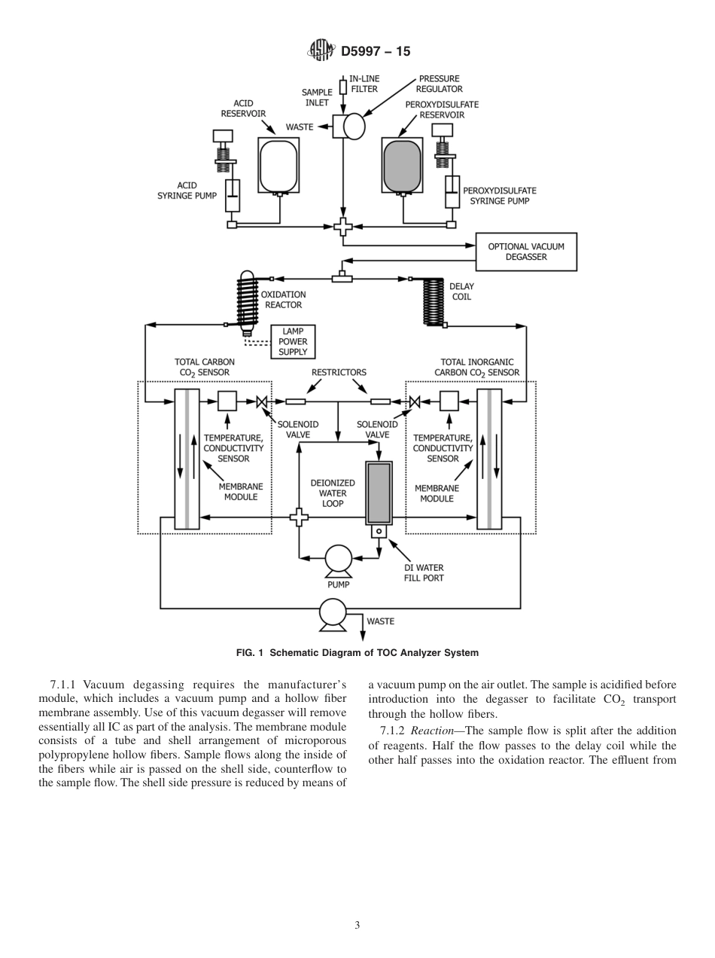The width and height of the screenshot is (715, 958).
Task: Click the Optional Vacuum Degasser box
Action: [x=525, y=252]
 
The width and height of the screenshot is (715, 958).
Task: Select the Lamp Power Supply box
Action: [x=293, y=341]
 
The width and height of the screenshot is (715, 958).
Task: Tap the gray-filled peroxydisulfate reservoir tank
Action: [x=402, y=165]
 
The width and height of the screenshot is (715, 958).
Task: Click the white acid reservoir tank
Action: [x=278, y=165]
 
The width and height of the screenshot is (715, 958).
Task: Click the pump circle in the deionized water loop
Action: [x=338, y=558]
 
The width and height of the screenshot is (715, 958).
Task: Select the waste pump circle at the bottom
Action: [x=332, y=612]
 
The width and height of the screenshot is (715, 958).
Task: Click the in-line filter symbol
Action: [x=343, y=87]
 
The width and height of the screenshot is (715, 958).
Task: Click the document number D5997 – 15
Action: [x=376, y=51]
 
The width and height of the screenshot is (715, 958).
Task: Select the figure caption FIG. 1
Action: [x=357, y=652]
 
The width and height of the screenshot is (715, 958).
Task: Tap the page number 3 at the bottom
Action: [x=357, y=925]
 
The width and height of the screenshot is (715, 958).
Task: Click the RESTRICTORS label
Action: [x=339, y=372]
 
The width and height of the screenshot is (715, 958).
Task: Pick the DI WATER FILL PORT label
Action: [x=424, y=572]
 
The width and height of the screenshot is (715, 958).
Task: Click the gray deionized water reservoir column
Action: [x=379, y=493]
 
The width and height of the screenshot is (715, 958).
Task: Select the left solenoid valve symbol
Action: [x=262, y=401]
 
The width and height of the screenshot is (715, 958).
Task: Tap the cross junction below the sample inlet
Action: [x=343, y=225]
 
